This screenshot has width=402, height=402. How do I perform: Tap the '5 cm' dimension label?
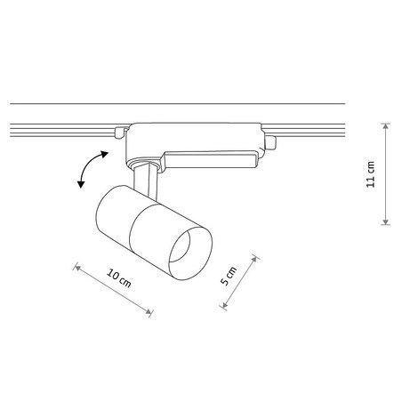click(229, 277)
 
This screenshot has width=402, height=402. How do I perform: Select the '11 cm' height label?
click(371, 175)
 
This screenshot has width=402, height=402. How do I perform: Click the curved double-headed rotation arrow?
click(90, 169)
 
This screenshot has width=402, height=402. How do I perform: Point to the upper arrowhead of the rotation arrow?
click(105, 153)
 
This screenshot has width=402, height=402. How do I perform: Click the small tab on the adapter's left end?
click(118, 133)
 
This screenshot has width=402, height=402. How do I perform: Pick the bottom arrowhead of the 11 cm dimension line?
click(384, 225)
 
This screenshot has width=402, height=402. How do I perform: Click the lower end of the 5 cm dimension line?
click(221, 307)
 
